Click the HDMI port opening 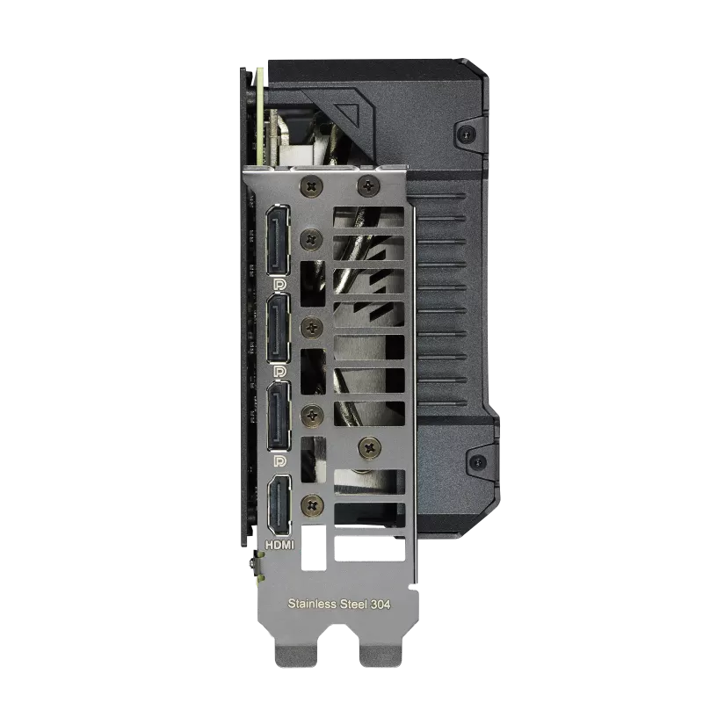click(279, 506)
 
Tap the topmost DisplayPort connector click(279, 240)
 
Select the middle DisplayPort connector click(279, 328)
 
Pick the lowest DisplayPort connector click(279, 416)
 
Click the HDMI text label click(279, 545)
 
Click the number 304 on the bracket click(380, 605)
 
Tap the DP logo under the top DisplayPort click(279, 284)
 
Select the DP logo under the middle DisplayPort click(279, 371)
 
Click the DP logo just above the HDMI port click(279, 460)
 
